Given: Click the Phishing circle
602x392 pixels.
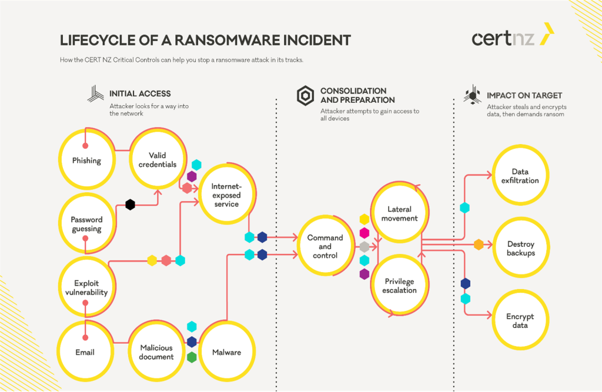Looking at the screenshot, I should (86, 160).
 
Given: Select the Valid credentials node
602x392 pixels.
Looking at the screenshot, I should (157, 160).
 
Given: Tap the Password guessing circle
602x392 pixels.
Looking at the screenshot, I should (86, 224).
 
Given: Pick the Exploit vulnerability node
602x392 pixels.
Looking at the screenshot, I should (86, 287).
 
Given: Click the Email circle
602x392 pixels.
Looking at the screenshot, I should (85, 352).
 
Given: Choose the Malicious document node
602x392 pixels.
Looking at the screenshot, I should (156, 352).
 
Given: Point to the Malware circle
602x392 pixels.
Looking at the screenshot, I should (226, 352).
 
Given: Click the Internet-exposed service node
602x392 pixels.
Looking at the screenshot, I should (226, 195).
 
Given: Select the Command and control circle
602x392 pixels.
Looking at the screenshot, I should (325, 246).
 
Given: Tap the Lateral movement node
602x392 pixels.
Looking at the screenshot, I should (400, 213).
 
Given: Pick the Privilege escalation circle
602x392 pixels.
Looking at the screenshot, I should (400, 286).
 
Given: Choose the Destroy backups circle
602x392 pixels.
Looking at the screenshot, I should (520, 249).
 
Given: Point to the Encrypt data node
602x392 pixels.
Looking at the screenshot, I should (520, 321).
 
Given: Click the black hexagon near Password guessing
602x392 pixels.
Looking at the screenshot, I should (130, 205).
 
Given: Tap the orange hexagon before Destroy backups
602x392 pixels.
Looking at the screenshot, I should (479, 244).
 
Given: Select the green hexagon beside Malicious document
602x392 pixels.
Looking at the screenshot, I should (192, 357).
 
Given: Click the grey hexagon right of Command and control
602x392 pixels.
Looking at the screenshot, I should (364, 246).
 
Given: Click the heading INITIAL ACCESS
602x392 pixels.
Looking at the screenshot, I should (140, 93).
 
